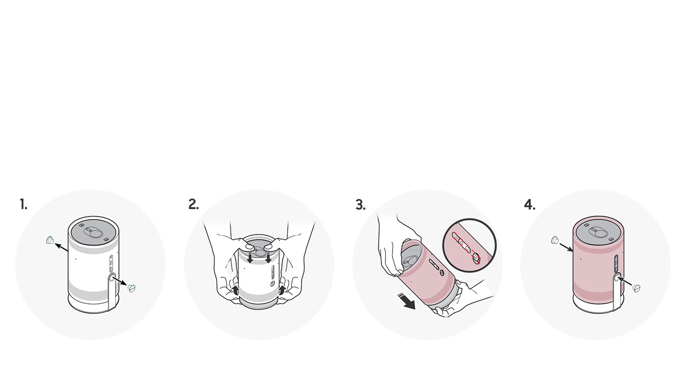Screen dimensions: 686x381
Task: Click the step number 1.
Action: [x=23, y=204]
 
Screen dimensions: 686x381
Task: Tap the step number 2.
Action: [x=193, y=204]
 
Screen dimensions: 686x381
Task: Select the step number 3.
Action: [x=361, y=205]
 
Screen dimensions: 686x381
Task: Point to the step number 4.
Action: [x=530, y=204]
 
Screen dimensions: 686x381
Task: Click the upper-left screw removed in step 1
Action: [x=50, y=241]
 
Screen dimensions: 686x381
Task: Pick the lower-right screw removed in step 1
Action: [x=131, y=288]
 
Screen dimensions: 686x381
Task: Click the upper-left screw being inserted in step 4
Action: [x=555, y=241]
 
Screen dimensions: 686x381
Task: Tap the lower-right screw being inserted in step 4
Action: [x=636, y=288]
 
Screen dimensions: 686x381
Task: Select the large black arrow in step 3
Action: [x=407, y=301]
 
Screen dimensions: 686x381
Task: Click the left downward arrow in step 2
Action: [x=250, y=258]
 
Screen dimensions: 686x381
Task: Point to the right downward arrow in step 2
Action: [x=269, y=258]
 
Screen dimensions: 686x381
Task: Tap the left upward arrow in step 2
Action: [x=235, y=290]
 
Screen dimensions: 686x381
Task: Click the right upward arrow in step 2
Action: [x=282, y=290]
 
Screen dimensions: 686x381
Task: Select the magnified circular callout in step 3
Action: [x=470, y=245]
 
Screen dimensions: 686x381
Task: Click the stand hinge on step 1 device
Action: [x=112, y=278]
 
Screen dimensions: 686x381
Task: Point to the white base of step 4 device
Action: [x=599, y=304]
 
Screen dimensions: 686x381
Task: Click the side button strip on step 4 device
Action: [x=616, y=264]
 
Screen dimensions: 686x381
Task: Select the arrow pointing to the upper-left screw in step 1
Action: [x=61, y=247]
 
